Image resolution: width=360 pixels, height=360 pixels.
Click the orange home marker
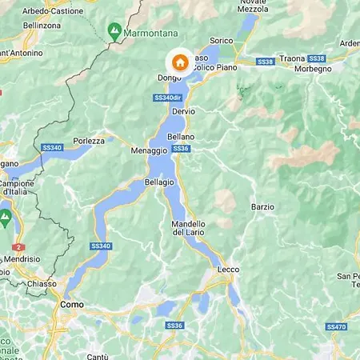coord(181,62)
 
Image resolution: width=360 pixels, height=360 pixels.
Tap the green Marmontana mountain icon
coord(114,31)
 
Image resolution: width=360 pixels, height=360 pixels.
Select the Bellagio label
coord(159,182)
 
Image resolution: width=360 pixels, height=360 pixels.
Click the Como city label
coord(73,305)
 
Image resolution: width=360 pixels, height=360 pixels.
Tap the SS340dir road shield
coord(166,98)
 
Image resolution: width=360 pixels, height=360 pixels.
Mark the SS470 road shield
coord(336,326)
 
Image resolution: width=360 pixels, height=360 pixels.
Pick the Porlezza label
coord(89,141)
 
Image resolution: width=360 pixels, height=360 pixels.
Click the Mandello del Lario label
coord(189,228)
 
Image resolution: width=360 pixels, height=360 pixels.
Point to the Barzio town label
coord(262,206)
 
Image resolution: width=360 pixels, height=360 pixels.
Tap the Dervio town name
coord(183,111)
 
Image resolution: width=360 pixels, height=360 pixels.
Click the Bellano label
coord(181,137)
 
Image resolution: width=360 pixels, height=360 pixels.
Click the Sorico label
coord(221,40)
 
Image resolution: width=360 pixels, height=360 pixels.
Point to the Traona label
coord(293,59)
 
